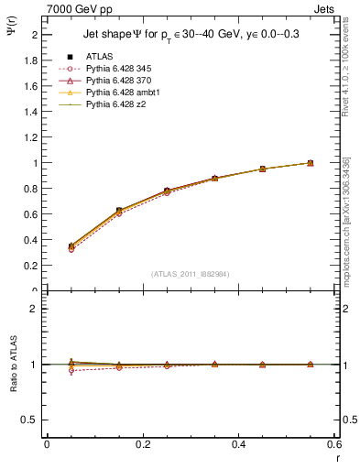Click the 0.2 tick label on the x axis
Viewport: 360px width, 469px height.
[x=142, y=444]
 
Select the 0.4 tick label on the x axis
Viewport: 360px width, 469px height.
[x=238, y=444]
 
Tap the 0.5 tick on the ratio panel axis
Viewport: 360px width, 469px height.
[x=31, y=420]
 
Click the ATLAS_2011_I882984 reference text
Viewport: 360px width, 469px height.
[x=191, y=273]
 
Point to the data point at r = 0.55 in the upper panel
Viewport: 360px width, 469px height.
[x=311, y=163]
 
